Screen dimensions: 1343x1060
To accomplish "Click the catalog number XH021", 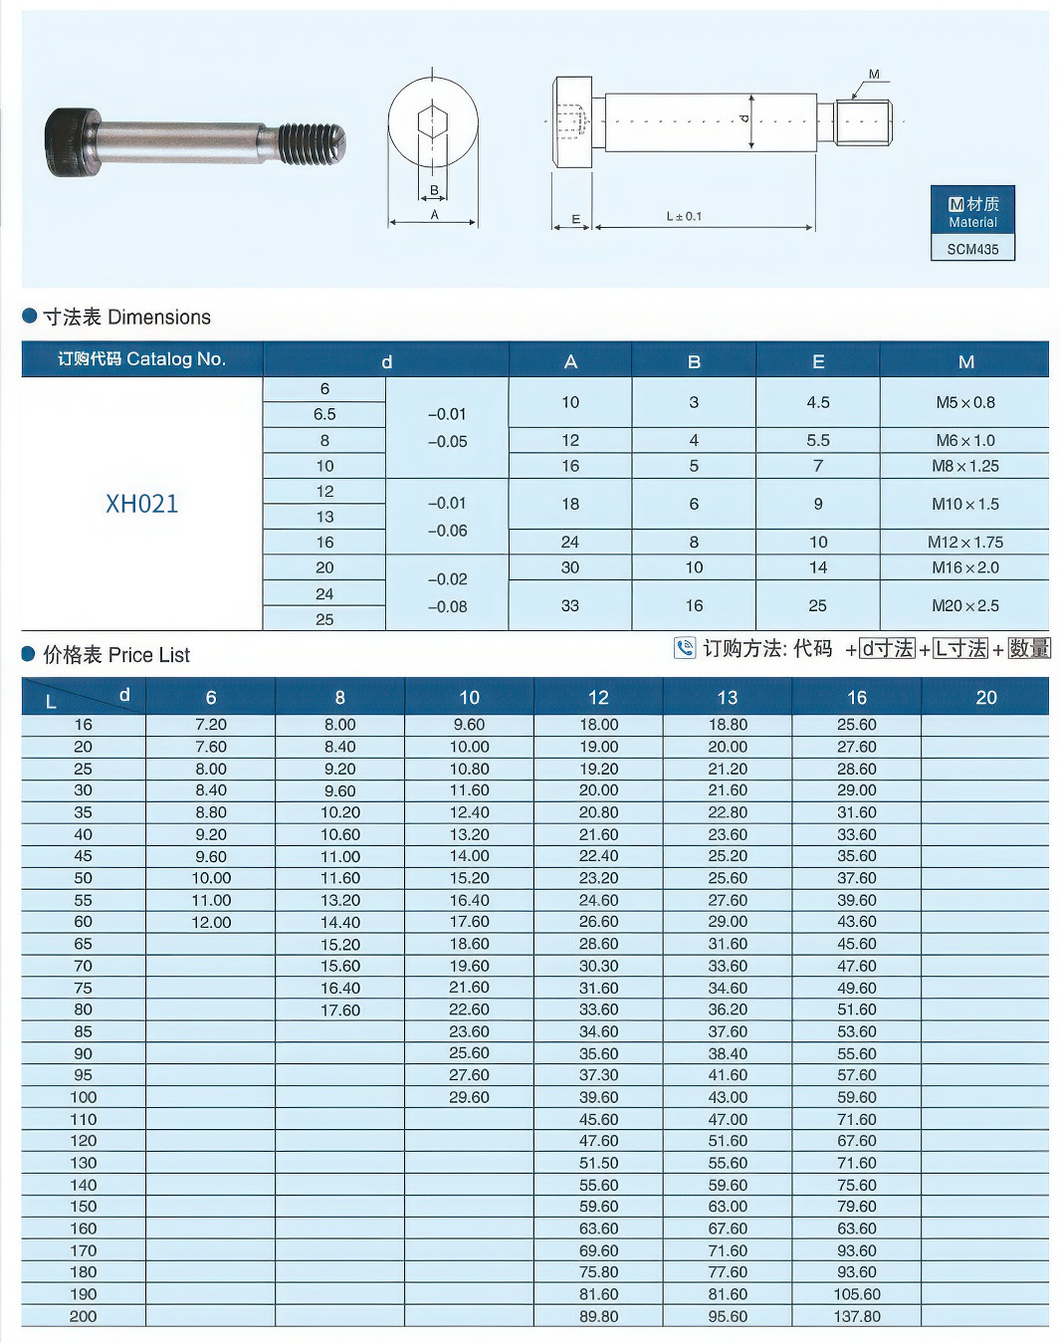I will pos(142,504).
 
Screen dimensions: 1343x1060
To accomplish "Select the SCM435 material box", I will pos(972,249).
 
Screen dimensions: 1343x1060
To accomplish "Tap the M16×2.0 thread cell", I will pos(964,567).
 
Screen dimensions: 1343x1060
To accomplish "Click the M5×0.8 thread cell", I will pos(964,402).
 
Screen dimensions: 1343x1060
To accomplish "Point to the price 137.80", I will pos(856,1316).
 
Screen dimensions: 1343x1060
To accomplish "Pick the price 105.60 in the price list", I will pos(856,1294).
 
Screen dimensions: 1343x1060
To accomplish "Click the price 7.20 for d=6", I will pos(211,725).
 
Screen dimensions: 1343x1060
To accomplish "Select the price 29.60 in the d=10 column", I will pos(469,1097).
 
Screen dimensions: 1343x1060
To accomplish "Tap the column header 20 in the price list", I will pos(985,697).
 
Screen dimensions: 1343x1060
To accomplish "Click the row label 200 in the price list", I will pos(84,1316).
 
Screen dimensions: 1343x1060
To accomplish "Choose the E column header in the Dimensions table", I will pos(818,361).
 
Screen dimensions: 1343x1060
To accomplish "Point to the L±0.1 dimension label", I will pos(684,216).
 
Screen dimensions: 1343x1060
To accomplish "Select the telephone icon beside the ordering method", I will pos(685,648).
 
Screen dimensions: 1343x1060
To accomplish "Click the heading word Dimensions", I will pos(159,318).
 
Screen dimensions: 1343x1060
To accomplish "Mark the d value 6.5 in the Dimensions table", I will pos(324,414).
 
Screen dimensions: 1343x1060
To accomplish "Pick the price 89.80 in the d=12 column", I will pos(598,1316).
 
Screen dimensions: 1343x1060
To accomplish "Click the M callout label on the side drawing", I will pos(874,75).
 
